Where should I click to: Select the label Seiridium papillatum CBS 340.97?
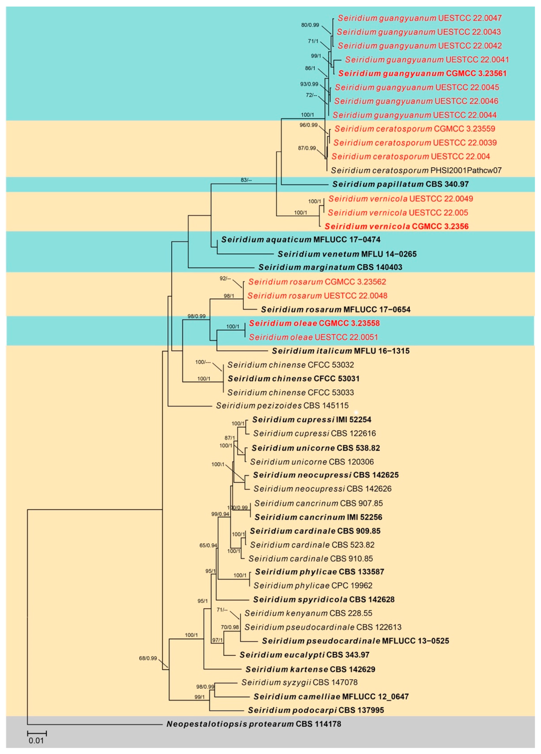(400, 184)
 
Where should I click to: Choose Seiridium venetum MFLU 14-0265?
(347, 254)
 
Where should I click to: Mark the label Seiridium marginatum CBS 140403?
(330, 267)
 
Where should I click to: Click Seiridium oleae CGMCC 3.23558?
(314, 323)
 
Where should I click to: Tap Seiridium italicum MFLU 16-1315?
(341, 351)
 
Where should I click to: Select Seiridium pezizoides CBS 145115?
(282, 406)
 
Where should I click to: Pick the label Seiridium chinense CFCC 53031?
(294, 378)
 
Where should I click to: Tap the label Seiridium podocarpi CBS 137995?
(316, 710)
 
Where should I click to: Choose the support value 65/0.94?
(208, 545)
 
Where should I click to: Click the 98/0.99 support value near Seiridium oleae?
(196, 316)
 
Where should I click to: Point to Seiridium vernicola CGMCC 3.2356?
(396, 226)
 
